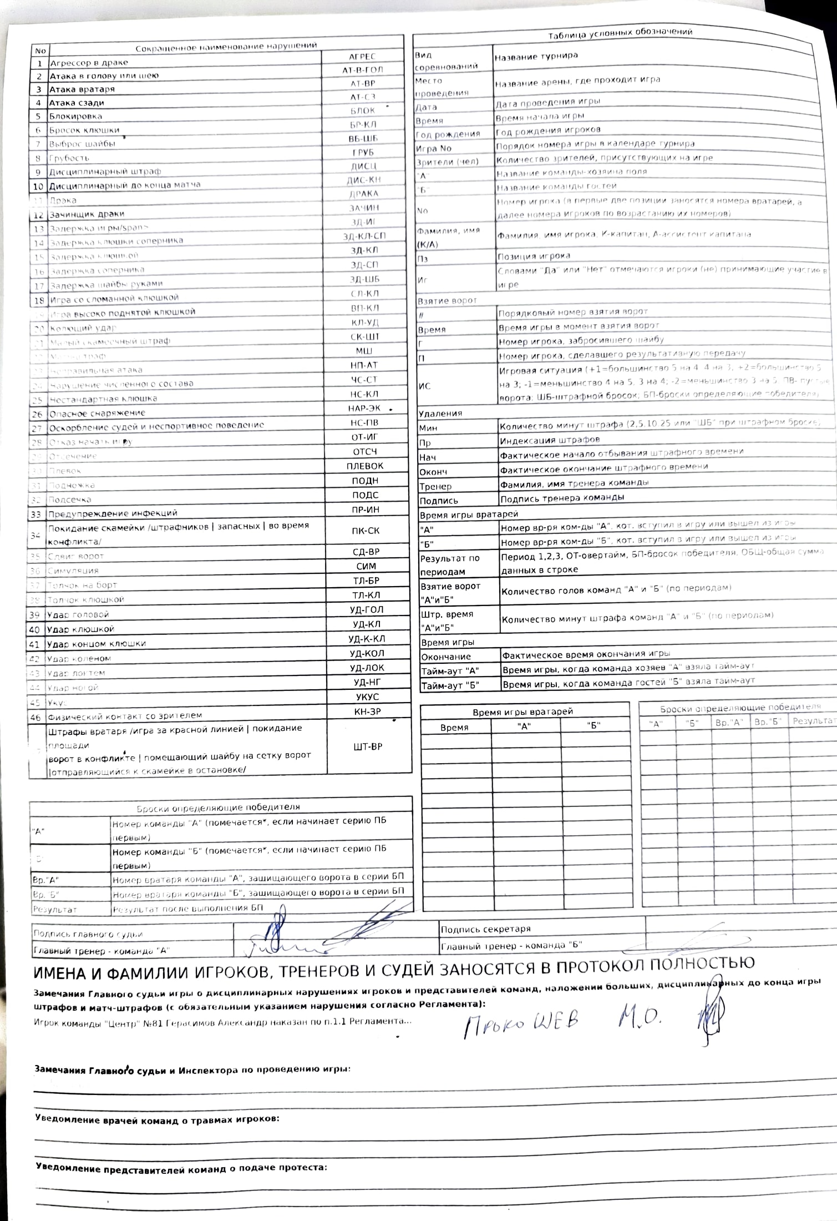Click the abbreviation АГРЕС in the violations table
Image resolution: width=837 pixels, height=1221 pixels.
[362, 57]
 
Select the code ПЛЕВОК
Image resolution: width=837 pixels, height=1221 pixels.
[365, 466]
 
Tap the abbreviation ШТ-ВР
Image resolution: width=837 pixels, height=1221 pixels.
[367, 746]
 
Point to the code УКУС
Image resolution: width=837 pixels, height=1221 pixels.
[367, 697]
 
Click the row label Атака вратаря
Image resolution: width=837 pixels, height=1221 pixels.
[82, 89]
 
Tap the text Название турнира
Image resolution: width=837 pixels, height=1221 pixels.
[536, 56]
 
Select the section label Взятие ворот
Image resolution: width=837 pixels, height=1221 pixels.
[447, 300]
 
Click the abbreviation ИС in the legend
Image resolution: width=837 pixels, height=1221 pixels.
[424, 386]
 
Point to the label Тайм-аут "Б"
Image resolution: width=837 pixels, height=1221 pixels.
[450, 685]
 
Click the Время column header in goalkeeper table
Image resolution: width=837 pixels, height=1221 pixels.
[454, 727]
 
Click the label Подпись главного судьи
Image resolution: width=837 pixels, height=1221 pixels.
[88, 934]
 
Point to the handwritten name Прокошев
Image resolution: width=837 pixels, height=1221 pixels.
[521, 1020]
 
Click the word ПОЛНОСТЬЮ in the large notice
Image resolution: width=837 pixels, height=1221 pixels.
[702, 963]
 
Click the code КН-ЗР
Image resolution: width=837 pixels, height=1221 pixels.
[367, 712]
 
